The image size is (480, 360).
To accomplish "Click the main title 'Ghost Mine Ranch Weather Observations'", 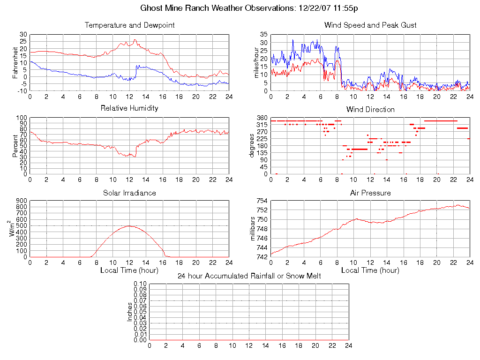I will pos(250,8).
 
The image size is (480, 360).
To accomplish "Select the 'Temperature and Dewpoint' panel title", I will pos(129,25).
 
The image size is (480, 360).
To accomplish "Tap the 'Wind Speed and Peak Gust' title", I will pos(370,25).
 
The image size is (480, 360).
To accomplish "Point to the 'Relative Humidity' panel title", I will pos(129,108).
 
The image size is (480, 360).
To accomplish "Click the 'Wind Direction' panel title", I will pos(370,110).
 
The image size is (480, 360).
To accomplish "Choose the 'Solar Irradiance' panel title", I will pos(129,193).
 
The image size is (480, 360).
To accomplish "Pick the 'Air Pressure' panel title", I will pos(370,193).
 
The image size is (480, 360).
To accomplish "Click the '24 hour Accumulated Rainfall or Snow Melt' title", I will pos(249,276).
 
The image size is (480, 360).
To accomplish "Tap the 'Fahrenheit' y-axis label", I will pos(15,62).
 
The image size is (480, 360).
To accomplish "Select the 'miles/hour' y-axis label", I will pos(256,62).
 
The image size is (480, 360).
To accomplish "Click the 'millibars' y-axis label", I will pos(253,228).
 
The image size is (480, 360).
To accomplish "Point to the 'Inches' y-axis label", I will pos(130,312).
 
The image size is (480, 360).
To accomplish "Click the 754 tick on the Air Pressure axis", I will pos(262,201).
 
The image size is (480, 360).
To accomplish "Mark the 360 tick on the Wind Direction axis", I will pos(262,118).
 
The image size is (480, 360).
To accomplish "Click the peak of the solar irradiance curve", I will pos(129,226).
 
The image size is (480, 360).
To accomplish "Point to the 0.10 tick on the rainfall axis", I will pos(140,284).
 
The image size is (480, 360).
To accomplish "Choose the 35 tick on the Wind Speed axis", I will pos(263,35).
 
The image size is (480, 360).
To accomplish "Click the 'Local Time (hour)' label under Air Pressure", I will pos(370,270).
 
